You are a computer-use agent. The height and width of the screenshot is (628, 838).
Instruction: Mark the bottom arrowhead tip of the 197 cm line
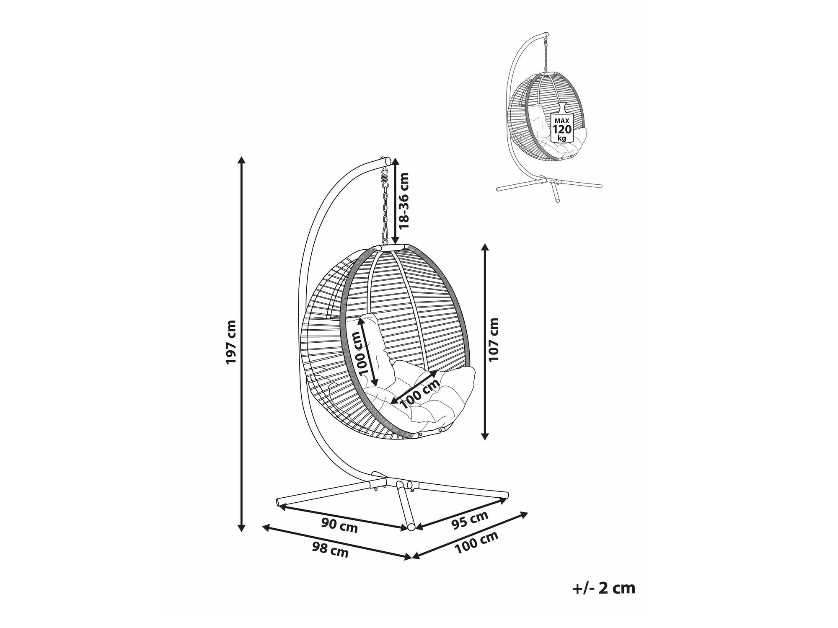click(241, 532)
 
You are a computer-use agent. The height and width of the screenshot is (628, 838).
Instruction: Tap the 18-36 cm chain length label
click(404, 201)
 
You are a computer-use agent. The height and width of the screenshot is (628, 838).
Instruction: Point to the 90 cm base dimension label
click(339, 525)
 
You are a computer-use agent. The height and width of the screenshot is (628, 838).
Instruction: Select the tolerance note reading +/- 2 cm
click(604, 588)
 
